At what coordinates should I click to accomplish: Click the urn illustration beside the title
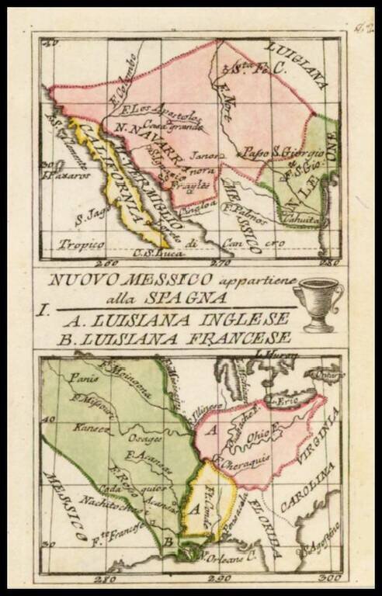[318, 303]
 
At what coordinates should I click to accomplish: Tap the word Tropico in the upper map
[82, 244]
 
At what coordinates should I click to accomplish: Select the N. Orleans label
[220, 556]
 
